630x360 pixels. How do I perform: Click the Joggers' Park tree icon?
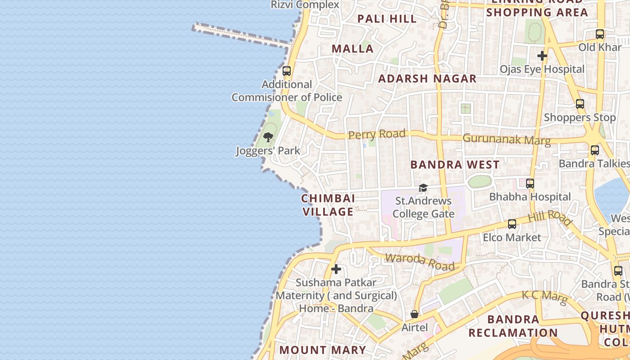(268, 137)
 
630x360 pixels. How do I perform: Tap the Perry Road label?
(377, 134)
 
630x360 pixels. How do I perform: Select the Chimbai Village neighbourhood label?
(328, 205)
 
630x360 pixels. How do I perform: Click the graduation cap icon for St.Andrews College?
(423, 188)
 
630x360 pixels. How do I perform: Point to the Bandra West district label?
(455, 165)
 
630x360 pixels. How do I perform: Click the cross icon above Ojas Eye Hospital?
(542, 56)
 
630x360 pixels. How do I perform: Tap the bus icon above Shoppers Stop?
(580, 104)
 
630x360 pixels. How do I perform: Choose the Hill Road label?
(550, 217)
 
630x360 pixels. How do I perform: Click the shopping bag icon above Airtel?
(414, 314)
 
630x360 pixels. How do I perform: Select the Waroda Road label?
(420, 261)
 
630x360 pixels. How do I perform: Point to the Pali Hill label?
(387, 19)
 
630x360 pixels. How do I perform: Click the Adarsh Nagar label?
(427, 79)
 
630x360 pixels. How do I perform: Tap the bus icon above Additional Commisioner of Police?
(287, 71)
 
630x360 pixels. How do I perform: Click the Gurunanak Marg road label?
(506, 139)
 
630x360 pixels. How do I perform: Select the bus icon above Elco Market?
(512, 224)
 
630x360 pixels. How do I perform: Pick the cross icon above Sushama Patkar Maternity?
(336, 270)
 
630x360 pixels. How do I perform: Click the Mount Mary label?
(323, 350)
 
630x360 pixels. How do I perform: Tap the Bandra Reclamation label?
(513, 326)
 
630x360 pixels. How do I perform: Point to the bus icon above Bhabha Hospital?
(530, 184)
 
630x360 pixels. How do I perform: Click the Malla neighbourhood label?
(353, 49)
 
